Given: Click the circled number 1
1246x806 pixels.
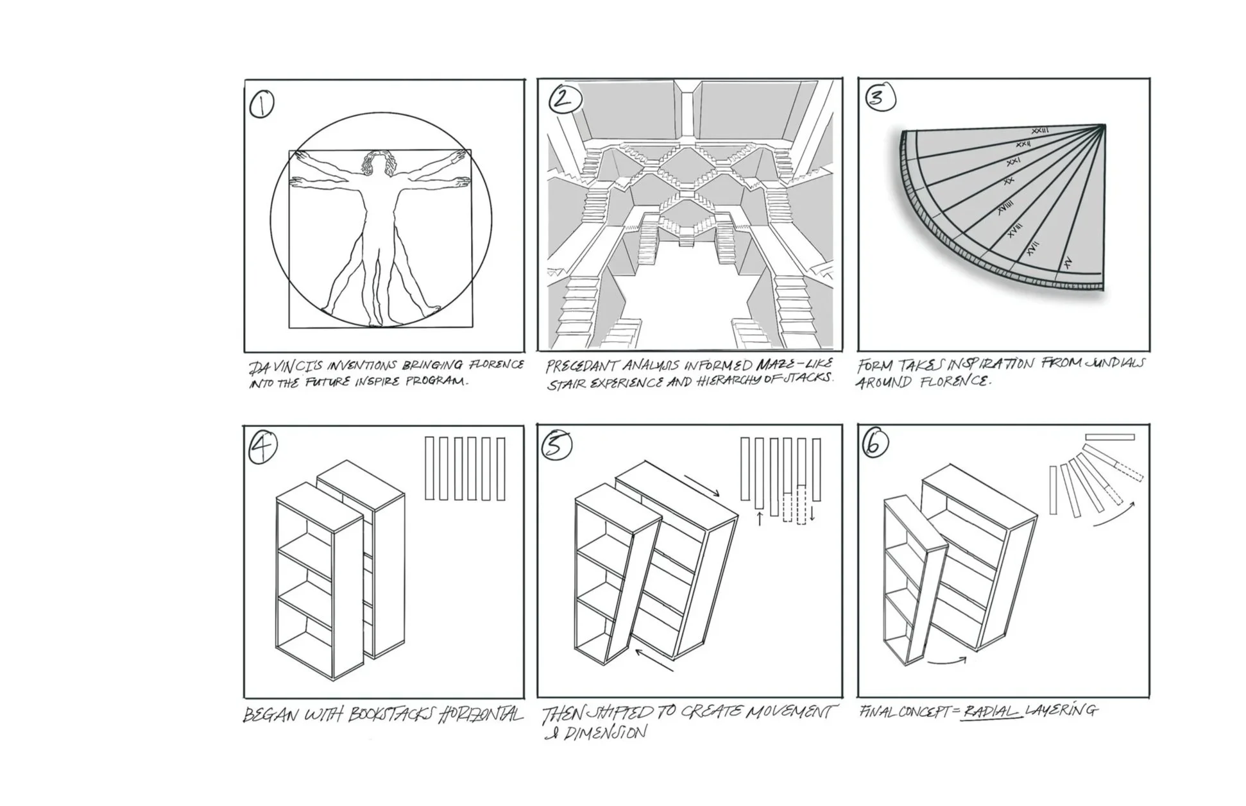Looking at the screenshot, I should tap(261, 105).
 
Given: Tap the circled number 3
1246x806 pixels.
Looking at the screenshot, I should tap(880, 97).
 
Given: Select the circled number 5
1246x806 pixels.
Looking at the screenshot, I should tap(556, 446).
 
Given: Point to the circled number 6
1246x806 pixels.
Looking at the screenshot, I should tap(875, 443).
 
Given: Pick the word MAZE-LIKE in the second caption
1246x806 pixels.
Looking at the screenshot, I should tap(794, 364).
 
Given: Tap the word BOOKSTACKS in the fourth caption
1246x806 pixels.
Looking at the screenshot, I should tap(391, 714).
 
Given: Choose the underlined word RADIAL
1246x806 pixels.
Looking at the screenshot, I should tap(991, 711).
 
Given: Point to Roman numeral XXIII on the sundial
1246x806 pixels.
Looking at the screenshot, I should tap(1040, 131).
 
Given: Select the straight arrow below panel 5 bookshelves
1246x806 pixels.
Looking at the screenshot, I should tap(654, 660).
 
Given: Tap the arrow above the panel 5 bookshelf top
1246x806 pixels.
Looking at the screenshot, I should tap(702, 485).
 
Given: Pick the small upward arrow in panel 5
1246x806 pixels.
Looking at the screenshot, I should tap(760, 518).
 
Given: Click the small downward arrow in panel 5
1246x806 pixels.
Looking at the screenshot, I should tap(812, 514).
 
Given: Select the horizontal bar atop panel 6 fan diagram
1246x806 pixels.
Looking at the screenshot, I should tap(1109, 437).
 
